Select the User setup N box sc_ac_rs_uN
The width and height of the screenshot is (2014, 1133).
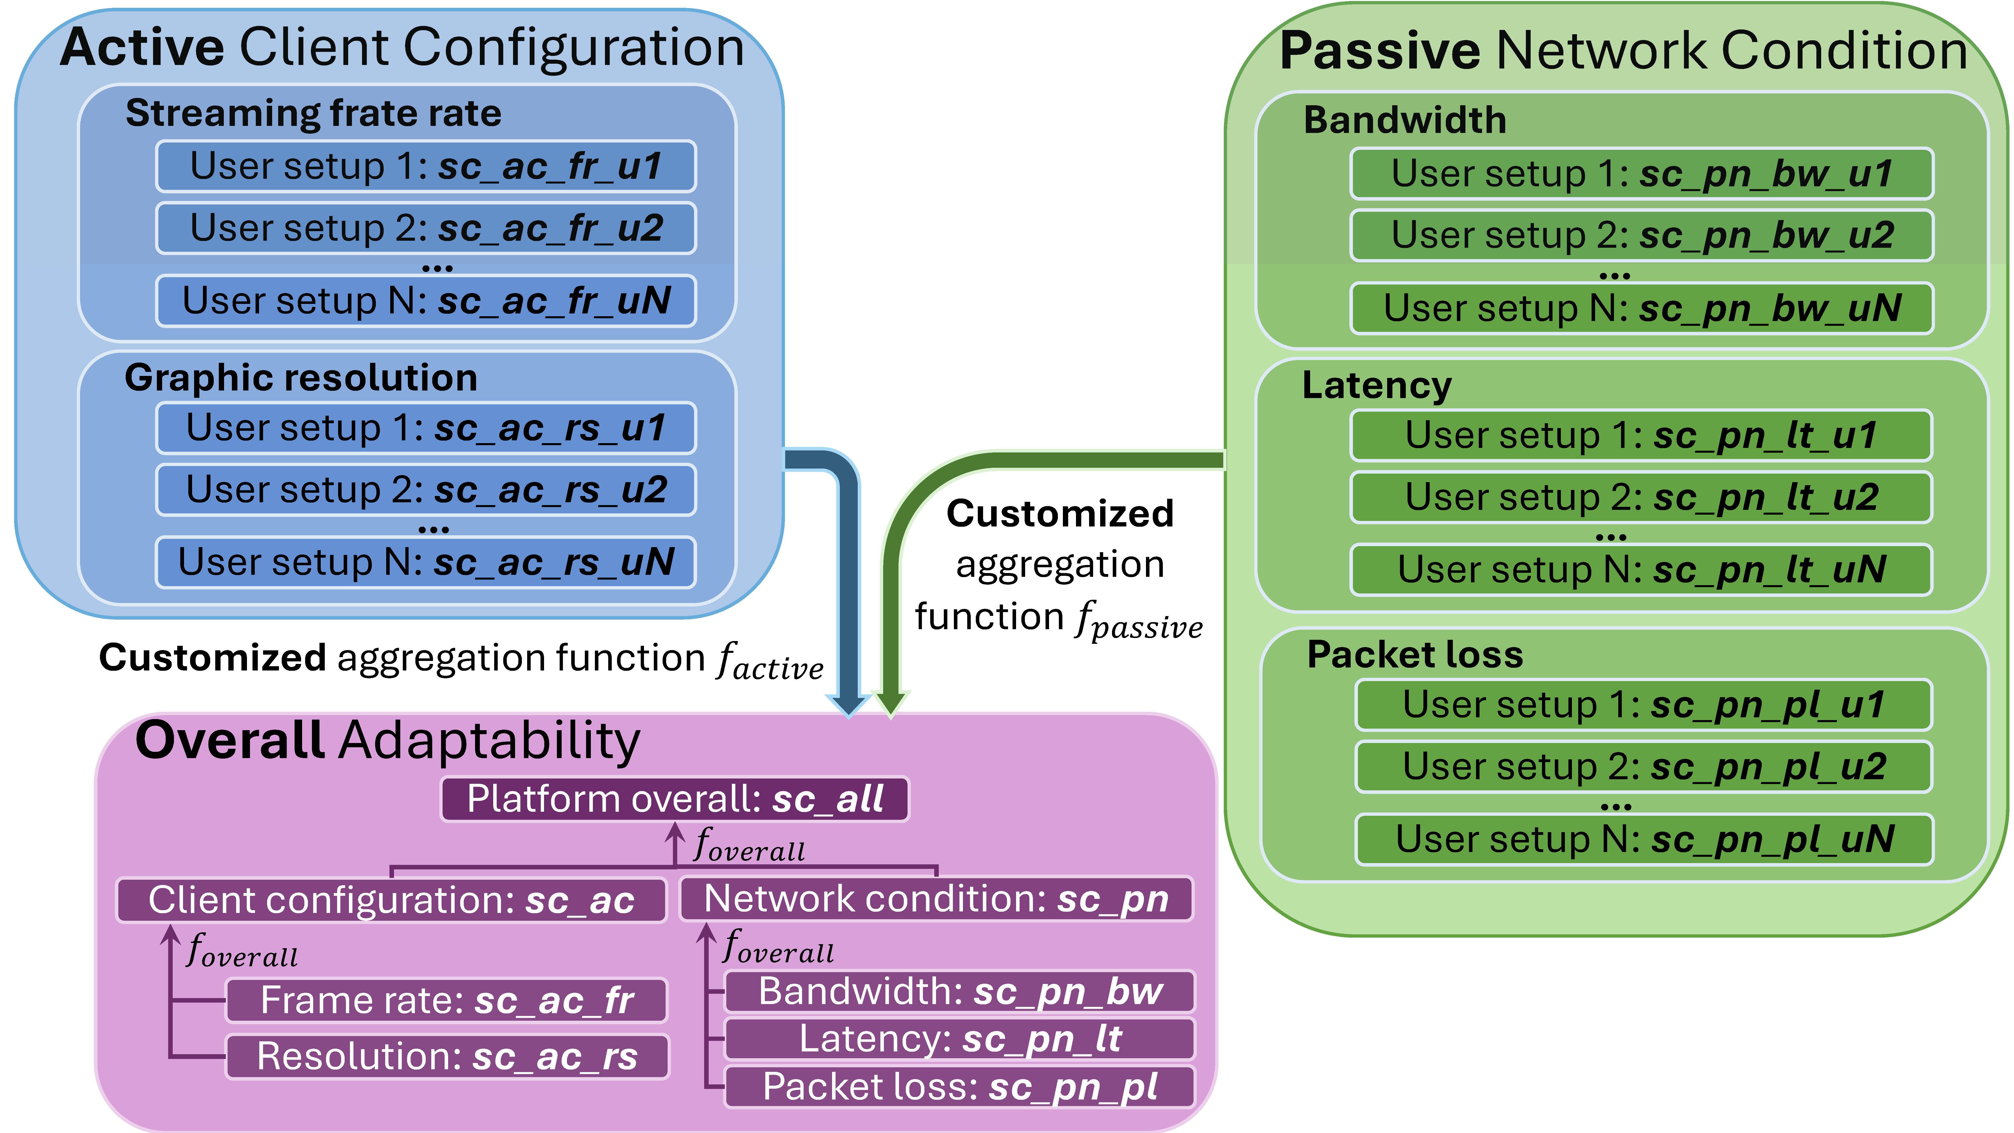click(426, 562)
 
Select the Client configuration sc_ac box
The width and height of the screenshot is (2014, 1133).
click(391, 900)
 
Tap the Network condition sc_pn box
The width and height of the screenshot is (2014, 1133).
click(937, 898)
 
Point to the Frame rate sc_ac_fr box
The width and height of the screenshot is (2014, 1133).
click(446, 1000)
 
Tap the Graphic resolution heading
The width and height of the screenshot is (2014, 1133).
click(301, 378)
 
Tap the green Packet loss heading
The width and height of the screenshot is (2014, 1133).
click(1415, 654)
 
